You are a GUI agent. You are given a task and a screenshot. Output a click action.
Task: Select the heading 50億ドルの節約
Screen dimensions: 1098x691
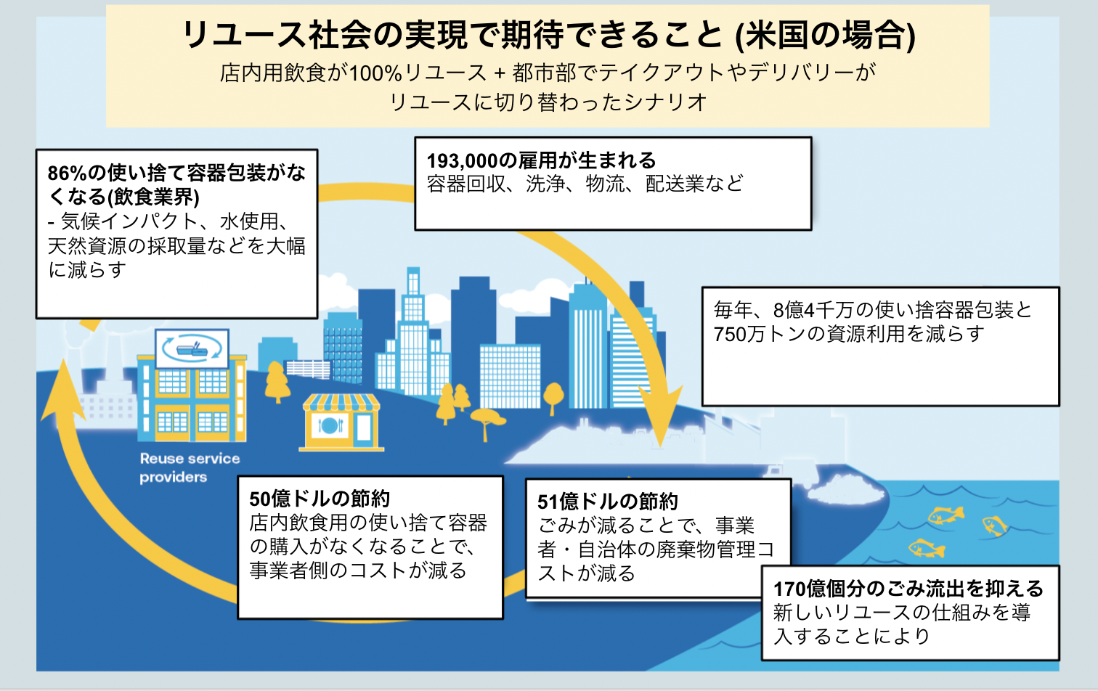[x=320, y=499]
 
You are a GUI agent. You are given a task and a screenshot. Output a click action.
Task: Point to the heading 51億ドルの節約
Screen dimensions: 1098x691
[x=608, y=502]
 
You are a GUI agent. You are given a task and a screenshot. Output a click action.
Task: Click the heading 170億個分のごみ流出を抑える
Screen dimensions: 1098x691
[x=908, y=589]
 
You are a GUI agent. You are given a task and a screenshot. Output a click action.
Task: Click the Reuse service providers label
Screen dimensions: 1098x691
[x=190, y=467]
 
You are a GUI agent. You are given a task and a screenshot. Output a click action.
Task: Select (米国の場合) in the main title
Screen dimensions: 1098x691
[x=826, y=36]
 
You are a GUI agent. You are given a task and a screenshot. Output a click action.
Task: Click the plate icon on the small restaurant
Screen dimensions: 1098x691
[x=330, y=425]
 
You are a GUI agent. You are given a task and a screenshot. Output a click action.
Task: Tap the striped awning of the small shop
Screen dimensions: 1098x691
[x=341, y=403]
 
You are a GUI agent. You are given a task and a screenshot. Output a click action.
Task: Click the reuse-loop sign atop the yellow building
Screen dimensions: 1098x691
[x=192, y=348]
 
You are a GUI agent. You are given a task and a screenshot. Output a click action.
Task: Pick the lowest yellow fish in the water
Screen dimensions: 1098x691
[x=927, y=548]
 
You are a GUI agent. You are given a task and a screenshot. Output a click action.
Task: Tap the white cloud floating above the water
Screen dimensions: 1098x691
[x=846, y=489]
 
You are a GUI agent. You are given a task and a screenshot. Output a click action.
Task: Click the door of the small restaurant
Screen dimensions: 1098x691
[x=364, y=427]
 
